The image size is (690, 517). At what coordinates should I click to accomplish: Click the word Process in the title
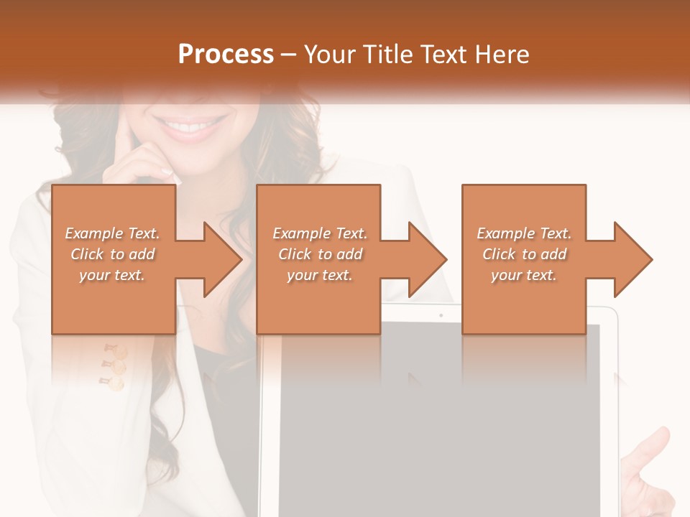226,55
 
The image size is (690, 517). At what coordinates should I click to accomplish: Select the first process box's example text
113,254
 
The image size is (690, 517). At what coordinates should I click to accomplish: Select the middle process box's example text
320,254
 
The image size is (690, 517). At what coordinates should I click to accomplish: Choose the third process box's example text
524,254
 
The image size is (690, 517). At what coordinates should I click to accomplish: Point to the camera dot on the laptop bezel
441,315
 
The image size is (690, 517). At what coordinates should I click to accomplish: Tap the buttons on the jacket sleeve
115,366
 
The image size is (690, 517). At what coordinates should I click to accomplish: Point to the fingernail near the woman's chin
167,172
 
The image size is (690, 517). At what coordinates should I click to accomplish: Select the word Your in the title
331,55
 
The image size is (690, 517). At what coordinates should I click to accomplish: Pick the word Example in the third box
505,233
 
